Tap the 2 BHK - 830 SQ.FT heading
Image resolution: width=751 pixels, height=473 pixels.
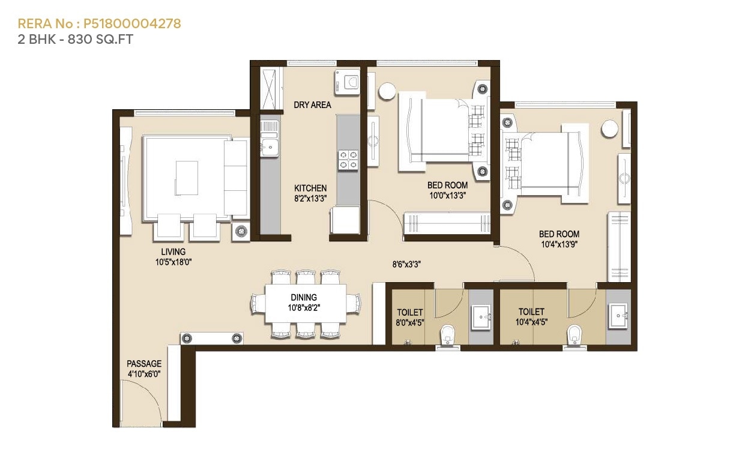[x=75, y=40]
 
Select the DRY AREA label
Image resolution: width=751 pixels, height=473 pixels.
[x=312, y=105]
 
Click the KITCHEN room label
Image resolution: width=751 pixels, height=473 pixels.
[x=310, y=188]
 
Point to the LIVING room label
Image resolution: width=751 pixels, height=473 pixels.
[x=173, y=252]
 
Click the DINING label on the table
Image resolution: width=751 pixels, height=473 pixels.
[x=304, y=298]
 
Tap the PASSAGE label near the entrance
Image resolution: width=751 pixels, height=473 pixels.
[x=144, y=364]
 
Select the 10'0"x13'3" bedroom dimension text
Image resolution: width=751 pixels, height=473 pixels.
[x=447, y=195]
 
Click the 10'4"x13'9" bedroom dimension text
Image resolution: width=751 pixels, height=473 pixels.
[x=559, y=244]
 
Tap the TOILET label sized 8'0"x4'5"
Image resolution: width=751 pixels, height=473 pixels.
[x=410, y=313]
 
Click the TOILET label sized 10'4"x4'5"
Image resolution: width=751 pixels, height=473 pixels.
[x=531, y=312]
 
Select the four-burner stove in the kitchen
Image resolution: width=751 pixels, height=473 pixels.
[x=348, y=159]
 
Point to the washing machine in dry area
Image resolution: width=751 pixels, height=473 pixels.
[x=348, y=82]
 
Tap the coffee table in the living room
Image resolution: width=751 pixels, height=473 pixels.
[x=186, y=178]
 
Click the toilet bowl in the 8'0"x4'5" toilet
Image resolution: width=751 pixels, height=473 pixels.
[x=448, y=335]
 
